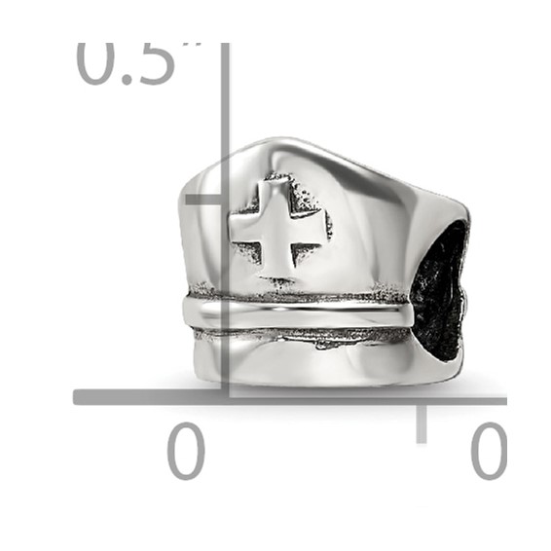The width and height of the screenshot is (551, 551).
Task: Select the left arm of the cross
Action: (246, 231)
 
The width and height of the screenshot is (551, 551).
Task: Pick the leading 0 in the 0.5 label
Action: (97, 63)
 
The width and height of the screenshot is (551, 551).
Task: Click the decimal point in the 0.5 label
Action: (127, 79)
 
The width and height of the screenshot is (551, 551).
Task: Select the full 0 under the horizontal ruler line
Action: (185, 451)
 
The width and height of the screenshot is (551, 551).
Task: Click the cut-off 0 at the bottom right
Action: (488, 451)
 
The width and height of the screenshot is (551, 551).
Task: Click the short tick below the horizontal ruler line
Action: (422, 422)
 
